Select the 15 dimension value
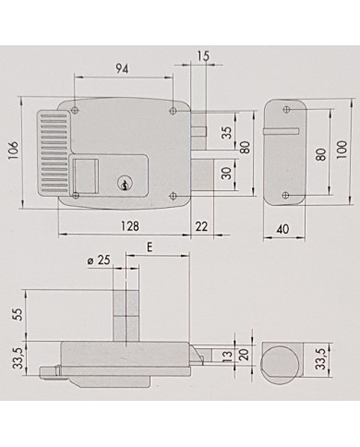(x=203, y=56)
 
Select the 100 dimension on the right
(x=342, y=150)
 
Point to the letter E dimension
(x=149, y=248)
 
